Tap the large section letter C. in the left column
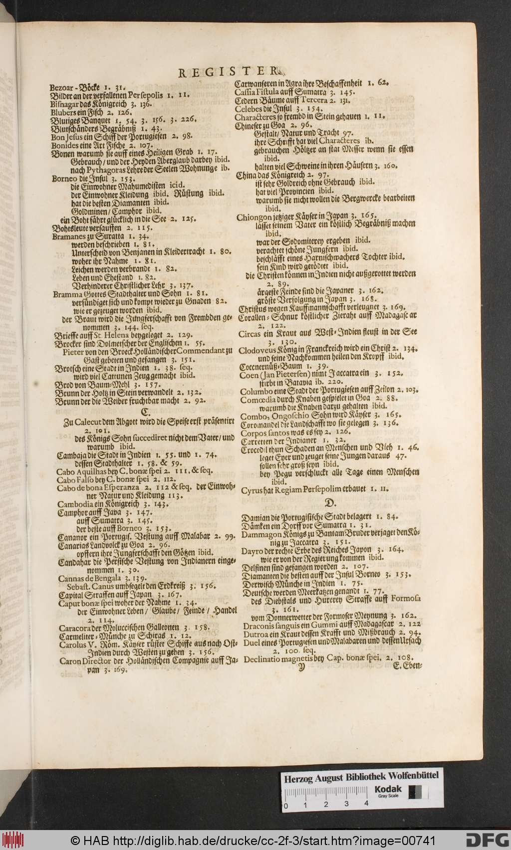pyautogui.click(x=146, y=412)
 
